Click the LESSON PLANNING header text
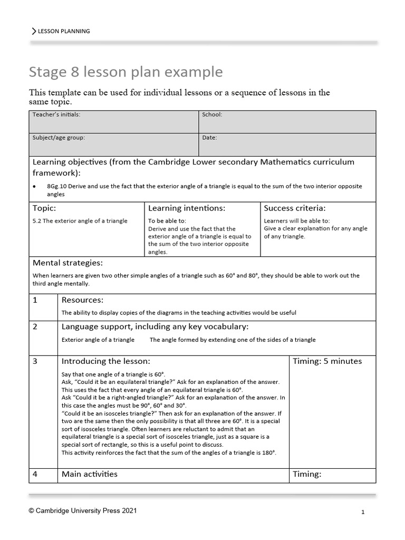[63, 31]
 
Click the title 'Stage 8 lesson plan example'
[126, 72]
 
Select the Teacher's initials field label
[56, 114]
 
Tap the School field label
[212, 114]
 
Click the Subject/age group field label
[59, 138]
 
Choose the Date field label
[209, 138]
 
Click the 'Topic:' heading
[44, 208]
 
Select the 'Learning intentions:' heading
[187, 208]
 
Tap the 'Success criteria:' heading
[294, 208]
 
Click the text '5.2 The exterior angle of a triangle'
[80, 221]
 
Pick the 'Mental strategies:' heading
[67, 263]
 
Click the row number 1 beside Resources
[35, 300]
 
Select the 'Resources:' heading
[82, 300]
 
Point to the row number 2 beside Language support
[35, 327]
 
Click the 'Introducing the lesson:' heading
[105, 361]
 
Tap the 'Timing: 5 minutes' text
[327, 361]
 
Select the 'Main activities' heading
[90, 474]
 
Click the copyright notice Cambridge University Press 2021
[85, 511]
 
